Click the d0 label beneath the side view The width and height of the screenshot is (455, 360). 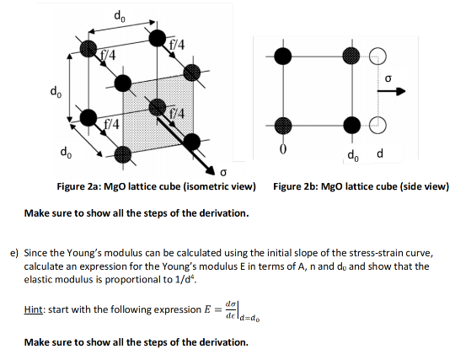[353, 155]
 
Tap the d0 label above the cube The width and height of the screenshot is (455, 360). [118, 14]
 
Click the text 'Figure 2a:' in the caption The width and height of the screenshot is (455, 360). [80, 186]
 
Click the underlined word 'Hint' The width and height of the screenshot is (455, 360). [35, 309]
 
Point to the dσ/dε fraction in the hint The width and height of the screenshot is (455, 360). [231, 308]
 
